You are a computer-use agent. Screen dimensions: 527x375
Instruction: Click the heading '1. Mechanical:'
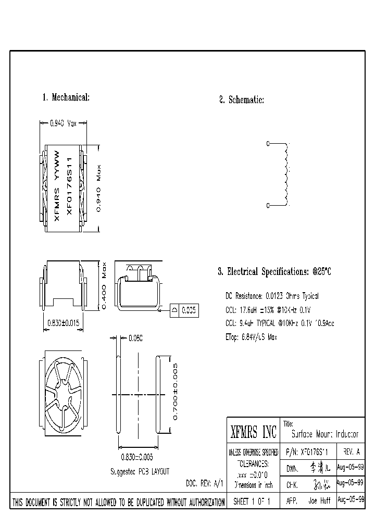66,97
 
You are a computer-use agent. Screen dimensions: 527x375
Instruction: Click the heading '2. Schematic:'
241,100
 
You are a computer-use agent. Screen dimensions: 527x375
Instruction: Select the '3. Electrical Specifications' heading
274,272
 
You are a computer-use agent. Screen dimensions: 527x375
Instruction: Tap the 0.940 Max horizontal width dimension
63,123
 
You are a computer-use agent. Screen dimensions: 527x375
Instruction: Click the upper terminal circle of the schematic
268,143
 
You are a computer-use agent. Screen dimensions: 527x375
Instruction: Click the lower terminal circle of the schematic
268,206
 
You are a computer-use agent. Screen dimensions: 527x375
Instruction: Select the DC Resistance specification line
272,296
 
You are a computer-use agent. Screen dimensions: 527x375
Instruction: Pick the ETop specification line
251,337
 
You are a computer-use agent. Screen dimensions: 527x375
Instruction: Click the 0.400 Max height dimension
104,285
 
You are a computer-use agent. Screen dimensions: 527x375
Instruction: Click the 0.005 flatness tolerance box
189,310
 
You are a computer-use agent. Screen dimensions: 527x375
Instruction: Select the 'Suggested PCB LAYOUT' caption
139,471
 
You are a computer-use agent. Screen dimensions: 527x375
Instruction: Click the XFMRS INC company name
254,432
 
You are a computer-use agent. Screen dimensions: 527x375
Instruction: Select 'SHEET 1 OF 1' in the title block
254,501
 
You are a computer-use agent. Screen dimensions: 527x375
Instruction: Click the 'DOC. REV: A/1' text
205,483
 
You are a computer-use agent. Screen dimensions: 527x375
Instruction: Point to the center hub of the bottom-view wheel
63,392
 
